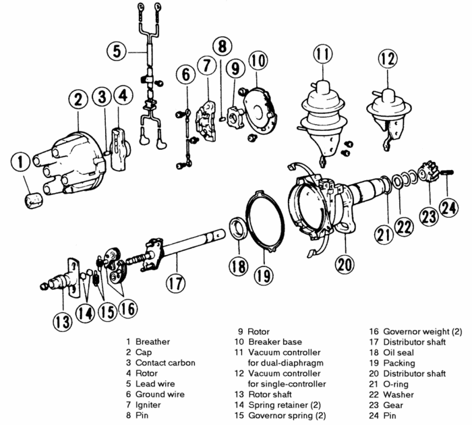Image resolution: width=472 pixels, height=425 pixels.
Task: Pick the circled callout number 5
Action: pos(118,50)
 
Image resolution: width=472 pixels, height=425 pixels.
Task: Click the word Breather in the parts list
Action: pos(152,342)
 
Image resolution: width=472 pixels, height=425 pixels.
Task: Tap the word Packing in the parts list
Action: pos(399,363)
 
